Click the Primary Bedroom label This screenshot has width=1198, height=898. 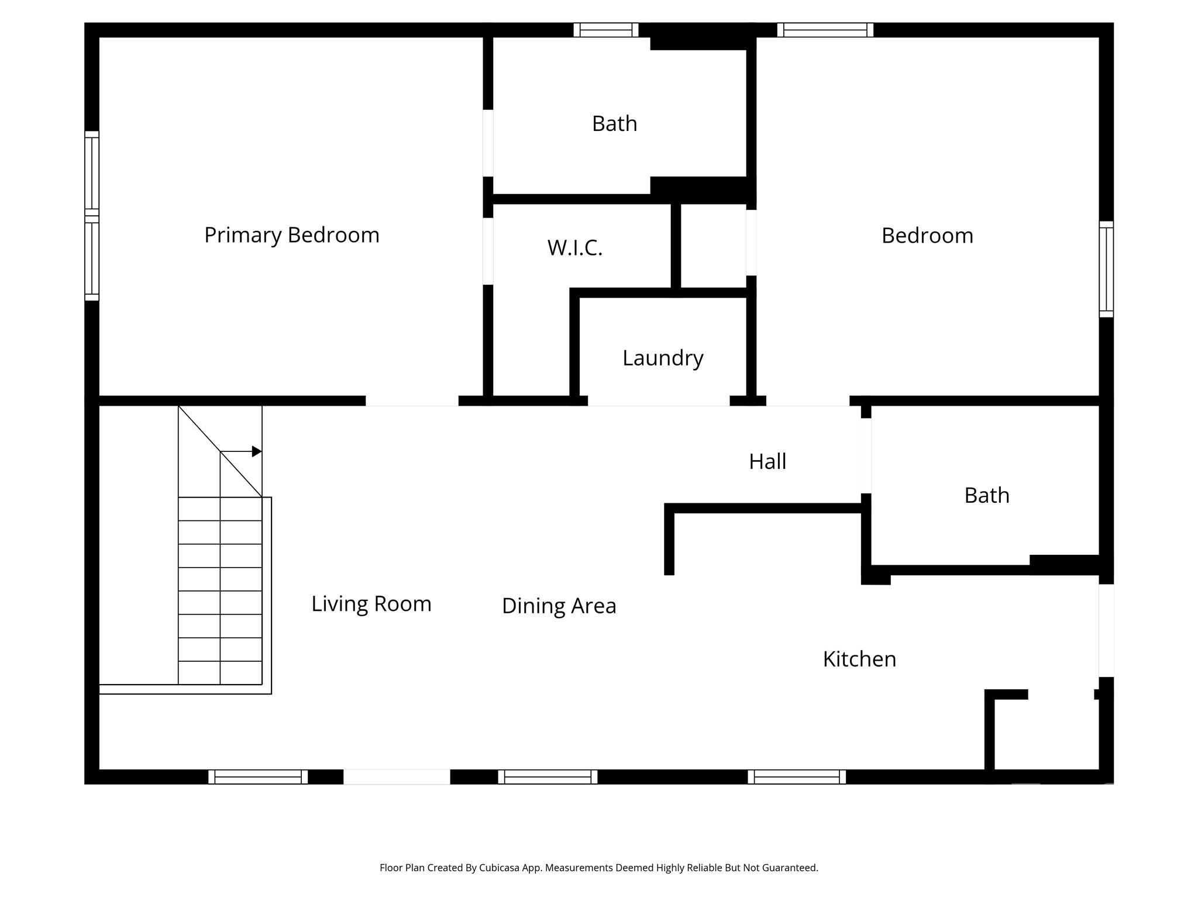click(x=291, y=235)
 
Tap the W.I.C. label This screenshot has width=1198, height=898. click(x=574, y=247)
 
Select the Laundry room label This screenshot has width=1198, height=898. click(x=662, y=358)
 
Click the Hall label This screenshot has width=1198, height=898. click(x=767, y=461)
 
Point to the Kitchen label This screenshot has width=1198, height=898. click(x=859, y=659)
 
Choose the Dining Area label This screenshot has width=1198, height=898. click(x=559, y=606)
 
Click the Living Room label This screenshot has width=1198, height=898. click(x=371, y=603)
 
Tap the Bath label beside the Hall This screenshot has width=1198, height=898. click(x=986, y=495)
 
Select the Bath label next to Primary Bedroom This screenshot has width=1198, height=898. click(x=614, y=123)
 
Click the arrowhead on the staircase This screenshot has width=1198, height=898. click(x=256, y=451)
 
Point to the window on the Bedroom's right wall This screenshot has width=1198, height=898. click(x=1106, y=269)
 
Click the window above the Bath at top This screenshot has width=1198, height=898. click(x=605, y=30)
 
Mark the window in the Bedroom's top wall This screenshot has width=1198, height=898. click(x=825, y=30)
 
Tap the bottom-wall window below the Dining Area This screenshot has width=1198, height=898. click(x=548, y=776)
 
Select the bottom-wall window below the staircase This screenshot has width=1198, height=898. click(x=258, y=776)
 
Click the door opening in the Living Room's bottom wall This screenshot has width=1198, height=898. click(x=396, y=776)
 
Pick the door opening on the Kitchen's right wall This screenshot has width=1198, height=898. click(x=1106, y=630)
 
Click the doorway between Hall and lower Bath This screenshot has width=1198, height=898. click(x=866, y=455)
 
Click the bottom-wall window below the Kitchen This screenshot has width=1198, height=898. click(x=796, y=776)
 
